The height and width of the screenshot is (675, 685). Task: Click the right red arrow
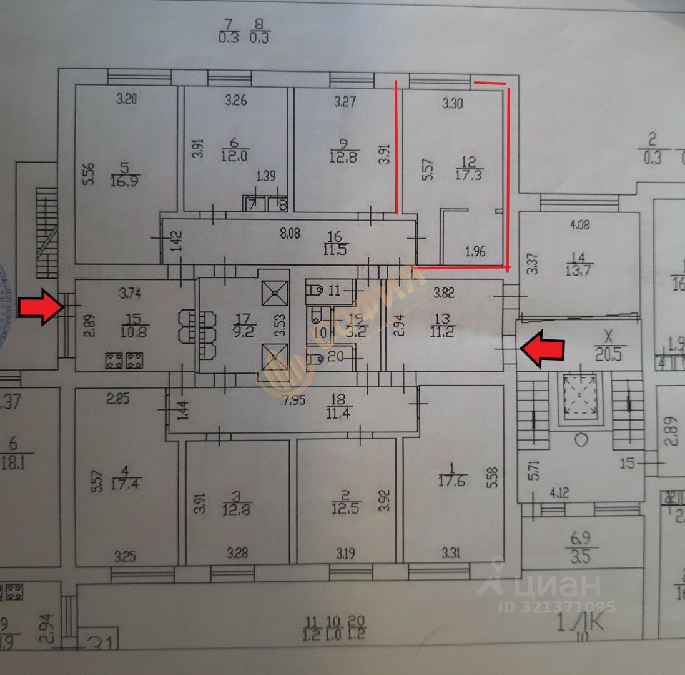(543, 349)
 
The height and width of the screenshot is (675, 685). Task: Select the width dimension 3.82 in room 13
(444, 291)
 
